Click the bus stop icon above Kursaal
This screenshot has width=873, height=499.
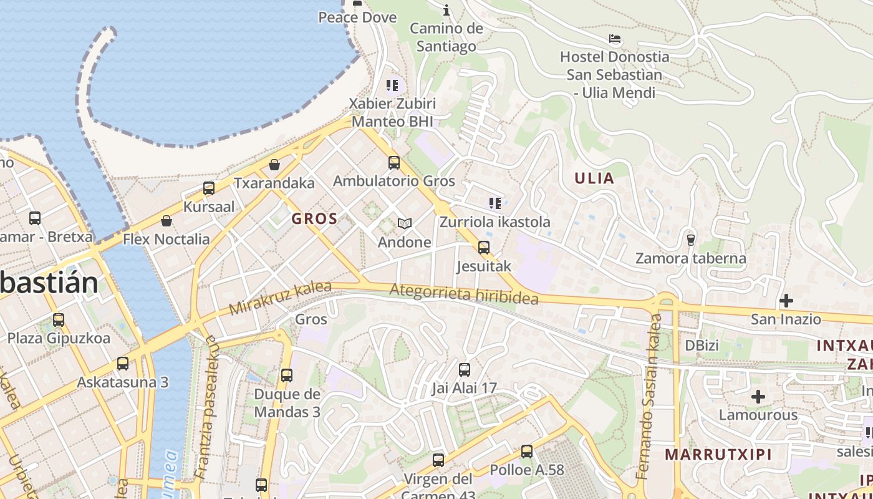pyautogui.click(x=209, y=188)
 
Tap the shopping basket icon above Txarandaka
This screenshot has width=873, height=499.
pyautogui.click(x=274, y=165)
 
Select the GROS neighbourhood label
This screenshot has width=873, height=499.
pyautogui.click(x=314, y=219)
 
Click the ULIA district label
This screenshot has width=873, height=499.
pyautogui.click(x=594, y=178)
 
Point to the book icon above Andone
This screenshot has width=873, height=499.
pyautogui.click(x=405, y=223)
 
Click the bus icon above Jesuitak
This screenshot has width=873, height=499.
pyautogui.click(x=483, y=248)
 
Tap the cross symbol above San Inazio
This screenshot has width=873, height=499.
pyautogui.click(x=786, y=301)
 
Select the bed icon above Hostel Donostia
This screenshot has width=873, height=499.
pyautogui.click(x=615, y=39)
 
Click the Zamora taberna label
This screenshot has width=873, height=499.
pyautogui.click(x=690, y=258)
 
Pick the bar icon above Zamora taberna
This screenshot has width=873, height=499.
pyautogui.click(x=690, y=240)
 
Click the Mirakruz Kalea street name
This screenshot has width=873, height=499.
pyautogui.click(x=279, y=299)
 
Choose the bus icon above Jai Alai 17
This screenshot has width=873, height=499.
pyautogui.click(x=465, y=370)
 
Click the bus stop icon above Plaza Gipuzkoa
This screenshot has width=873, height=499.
pyautogui.click(x=59, y=320)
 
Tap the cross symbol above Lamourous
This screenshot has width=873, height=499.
pyautogui.click(x=758, y=397)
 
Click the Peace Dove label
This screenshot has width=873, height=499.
pyautogui.click(x=357, y=17)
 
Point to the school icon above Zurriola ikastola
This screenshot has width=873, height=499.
pyautogui.click(x=495, y=203)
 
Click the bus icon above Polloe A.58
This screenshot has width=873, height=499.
pyautogui.click(x=527, y=451)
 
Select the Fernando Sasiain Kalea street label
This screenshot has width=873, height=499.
pyautogui.click(x=649, y=397)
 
